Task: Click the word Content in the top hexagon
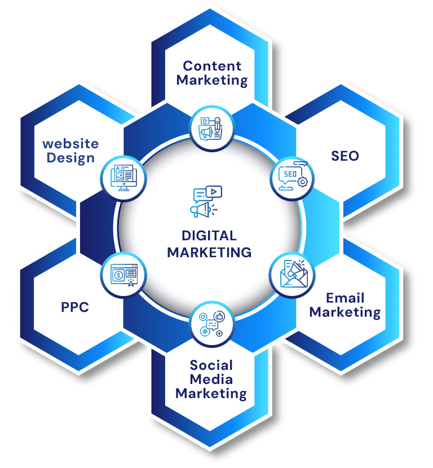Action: tap(212, 66)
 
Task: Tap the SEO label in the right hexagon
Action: tap(345, 156)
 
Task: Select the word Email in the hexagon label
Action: tap(345, 298)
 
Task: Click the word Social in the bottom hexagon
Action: tap(211, 365)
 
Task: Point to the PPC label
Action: tap(75, 307)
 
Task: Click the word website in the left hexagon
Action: tap(70, 144)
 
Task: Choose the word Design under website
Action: tap(70, 158)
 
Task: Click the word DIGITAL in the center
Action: tap(209, 236)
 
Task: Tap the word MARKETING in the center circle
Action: tap(209, 253)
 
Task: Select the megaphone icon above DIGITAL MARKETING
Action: tap(206, 201)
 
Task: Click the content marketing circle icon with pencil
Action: tap(212, 129)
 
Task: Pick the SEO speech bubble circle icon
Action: tap(293, 178)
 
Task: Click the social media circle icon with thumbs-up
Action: tap(212, 324)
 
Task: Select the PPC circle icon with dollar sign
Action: tap(123, 275)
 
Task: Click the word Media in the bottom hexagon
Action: tap(211, 379)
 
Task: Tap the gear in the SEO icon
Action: tap(303, 182)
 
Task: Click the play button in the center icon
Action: tap(214, 192)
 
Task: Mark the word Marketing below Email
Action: tap(345, 312)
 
